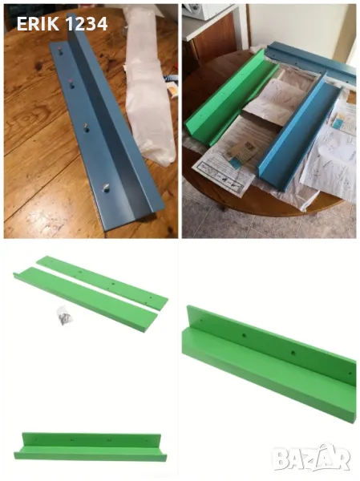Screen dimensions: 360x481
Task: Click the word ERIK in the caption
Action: (x=38, y=23)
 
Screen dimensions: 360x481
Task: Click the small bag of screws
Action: (x=64, y=315)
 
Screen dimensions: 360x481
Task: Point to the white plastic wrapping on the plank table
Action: (x=149, y=89)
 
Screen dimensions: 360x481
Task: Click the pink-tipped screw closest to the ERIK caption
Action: (x=59, y=50)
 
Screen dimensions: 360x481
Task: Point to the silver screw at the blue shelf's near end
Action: (x=106, y=188)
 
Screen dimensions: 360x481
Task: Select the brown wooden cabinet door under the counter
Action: (x=214, y=40)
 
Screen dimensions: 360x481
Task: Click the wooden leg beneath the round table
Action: (x=223, y=208)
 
